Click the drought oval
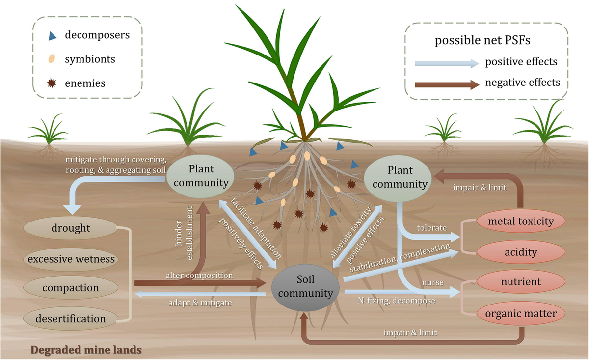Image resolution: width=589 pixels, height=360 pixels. pos(71,228)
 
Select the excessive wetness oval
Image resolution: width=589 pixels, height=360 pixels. pos(71,259)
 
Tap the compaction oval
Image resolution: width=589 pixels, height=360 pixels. pos(71,288)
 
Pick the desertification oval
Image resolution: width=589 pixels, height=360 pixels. pos(71,318)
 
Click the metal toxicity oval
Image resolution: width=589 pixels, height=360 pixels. pos(520,222)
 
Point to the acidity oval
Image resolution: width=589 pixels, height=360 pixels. pos(520,252)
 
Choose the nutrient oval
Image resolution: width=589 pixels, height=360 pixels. pos(520,282)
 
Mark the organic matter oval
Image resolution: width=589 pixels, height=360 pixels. pos(520,313)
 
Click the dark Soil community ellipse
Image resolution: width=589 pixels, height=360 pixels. pos(305,286)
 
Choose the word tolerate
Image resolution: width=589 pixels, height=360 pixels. pos(431,228)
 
